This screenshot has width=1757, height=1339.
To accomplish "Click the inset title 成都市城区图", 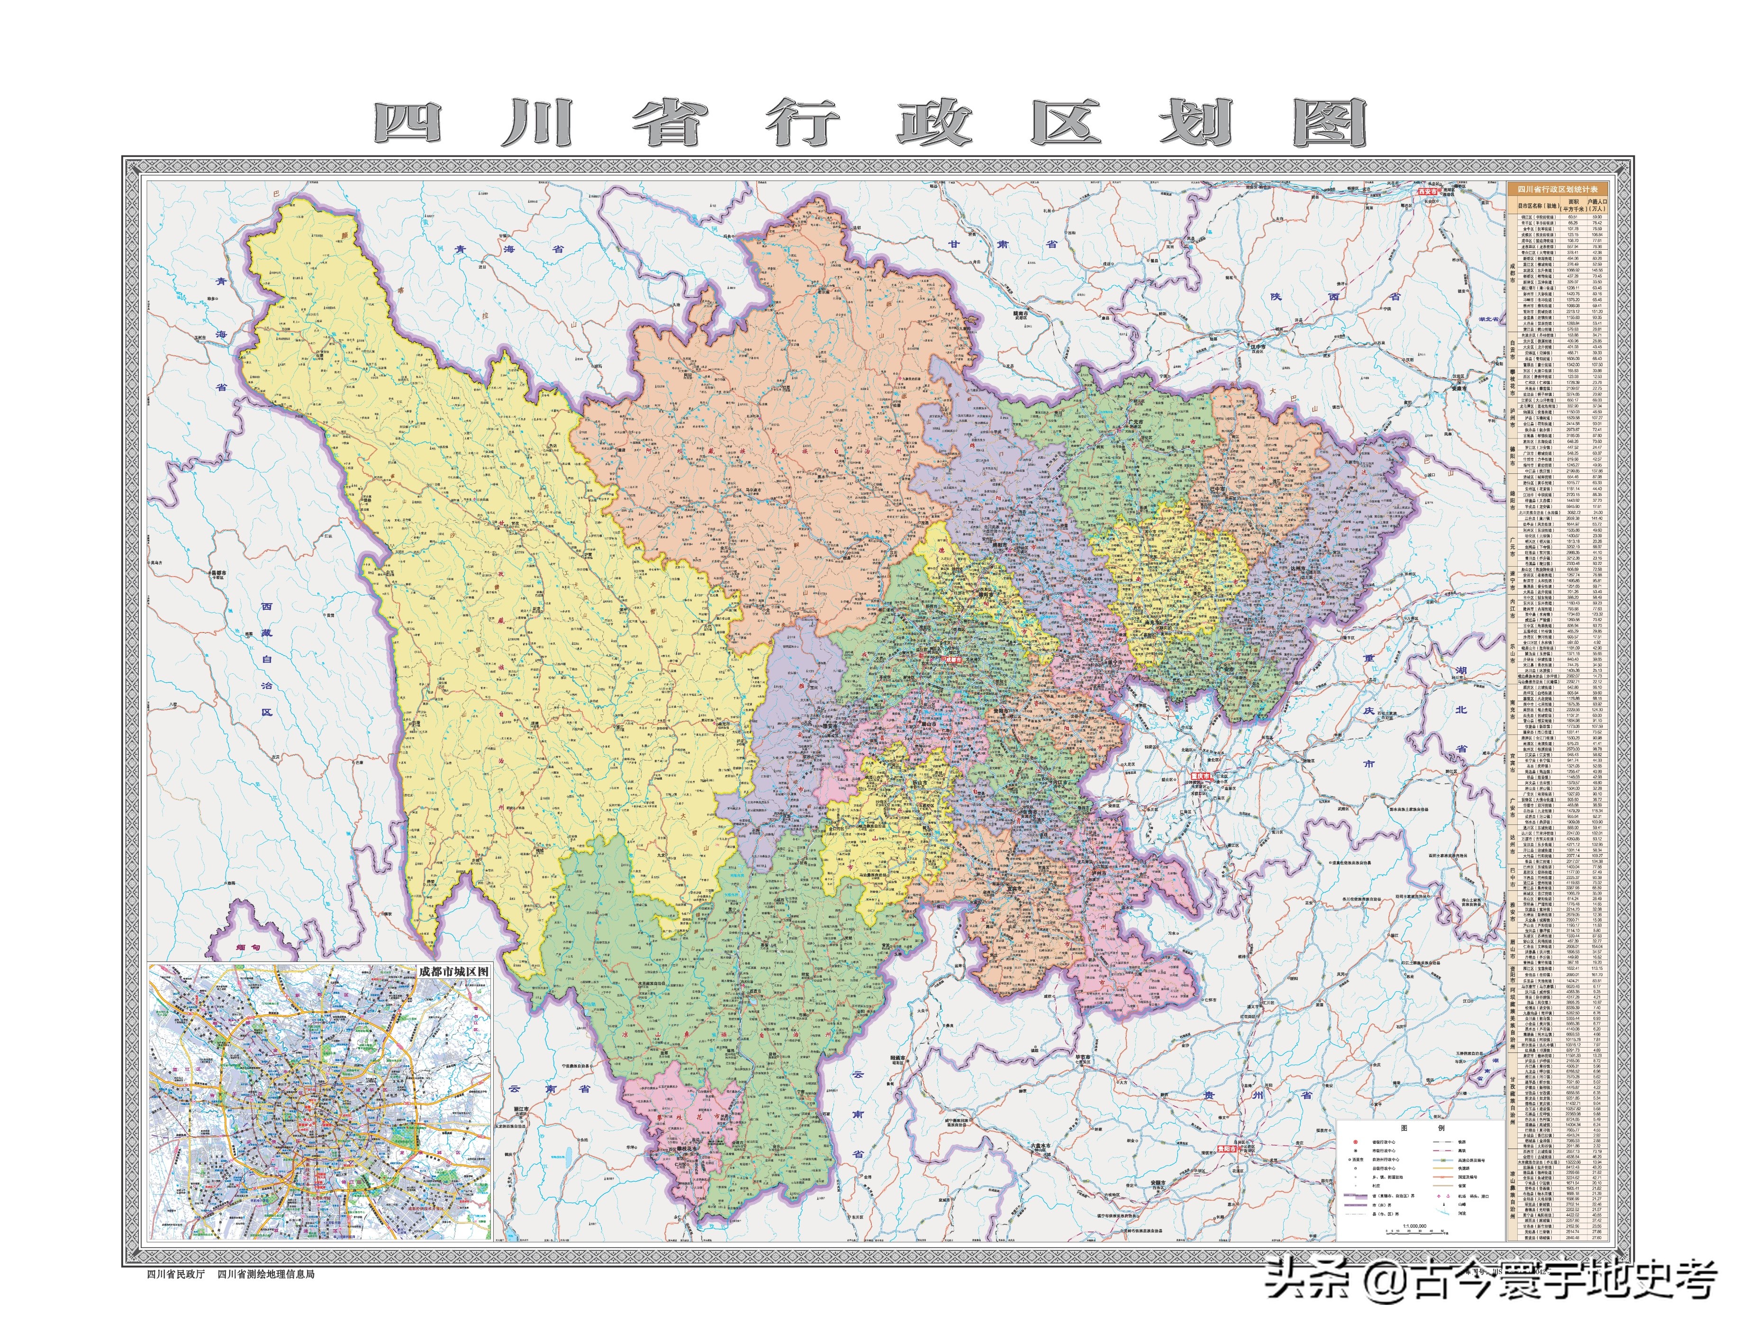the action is point(452,972).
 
